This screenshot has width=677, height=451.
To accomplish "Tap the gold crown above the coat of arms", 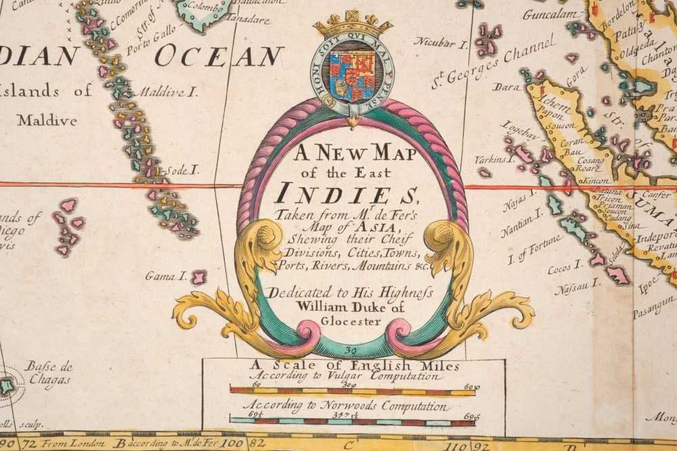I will (353, 25).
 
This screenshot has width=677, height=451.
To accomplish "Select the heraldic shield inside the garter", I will (352, 72).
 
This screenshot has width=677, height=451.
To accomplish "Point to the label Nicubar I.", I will (441, 43).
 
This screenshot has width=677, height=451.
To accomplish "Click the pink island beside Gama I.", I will (198, 277).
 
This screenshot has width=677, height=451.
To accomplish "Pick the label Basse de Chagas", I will (49, 373).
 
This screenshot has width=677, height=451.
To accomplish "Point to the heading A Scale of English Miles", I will (354, 366).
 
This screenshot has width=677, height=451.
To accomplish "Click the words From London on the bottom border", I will (72, 444).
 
